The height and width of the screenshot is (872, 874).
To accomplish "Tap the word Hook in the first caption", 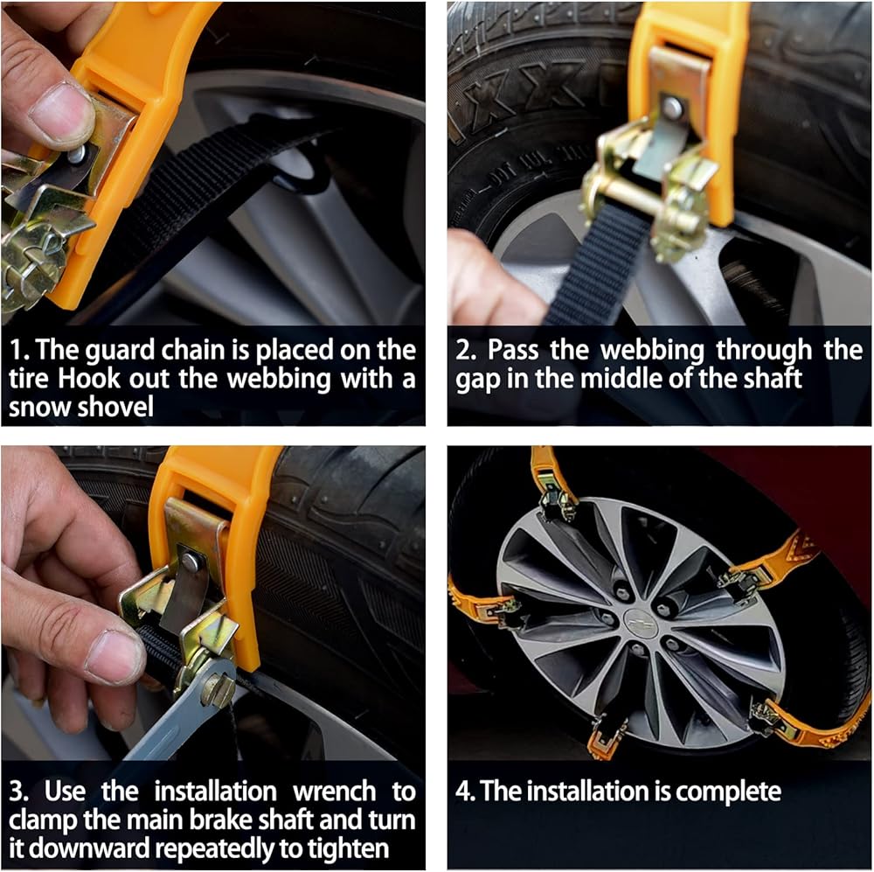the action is tap(88, 379).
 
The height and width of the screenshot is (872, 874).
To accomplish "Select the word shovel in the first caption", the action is tap(115, 407).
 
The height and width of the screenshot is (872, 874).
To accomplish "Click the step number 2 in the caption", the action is tap(464, 351).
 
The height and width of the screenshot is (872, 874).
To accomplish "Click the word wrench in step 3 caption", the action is tap(335, 792).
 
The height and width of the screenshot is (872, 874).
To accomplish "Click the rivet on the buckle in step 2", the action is tap(671, 107).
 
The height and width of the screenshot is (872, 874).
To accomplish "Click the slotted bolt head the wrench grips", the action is tap(218, 690).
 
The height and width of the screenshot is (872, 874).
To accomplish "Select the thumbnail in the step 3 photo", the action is tap(114, 659).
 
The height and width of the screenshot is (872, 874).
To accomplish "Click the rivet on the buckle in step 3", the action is tap(190, 562).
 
